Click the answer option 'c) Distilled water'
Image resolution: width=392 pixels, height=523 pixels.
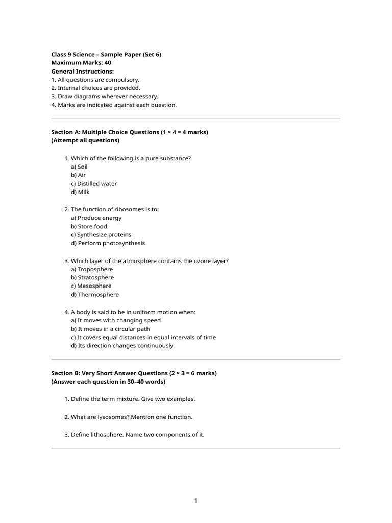click(94, 184)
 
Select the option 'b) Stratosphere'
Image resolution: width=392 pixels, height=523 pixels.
click(92, 278)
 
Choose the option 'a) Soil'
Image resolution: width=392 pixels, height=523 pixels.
click(80, 167)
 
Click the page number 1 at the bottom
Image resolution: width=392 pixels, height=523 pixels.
click(195, 501)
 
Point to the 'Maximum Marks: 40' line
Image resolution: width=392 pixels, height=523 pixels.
click(81, 63)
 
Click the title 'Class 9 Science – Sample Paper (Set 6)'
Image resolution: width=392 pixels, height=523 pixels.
click(106, 54)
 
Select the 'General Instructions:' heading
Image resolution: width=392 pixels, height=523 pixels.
click(83, 72)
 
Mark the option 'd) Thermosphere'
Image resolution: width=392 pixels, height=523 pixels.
click(95, 295)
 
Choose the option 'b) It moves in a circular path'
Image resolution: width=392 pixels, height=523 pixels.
click(110, 329)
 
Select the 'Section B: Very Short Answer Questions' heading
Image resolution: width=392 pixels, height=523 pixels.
click(134, 373)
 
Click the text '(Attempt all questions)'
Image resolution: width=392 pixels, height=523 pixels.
click(85, 140)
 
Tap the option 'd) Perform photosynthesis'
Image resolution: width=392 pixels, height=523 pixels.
click(108, 244)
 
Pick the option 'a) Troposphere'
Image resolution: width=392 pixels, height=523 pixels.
click(92, 269)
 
